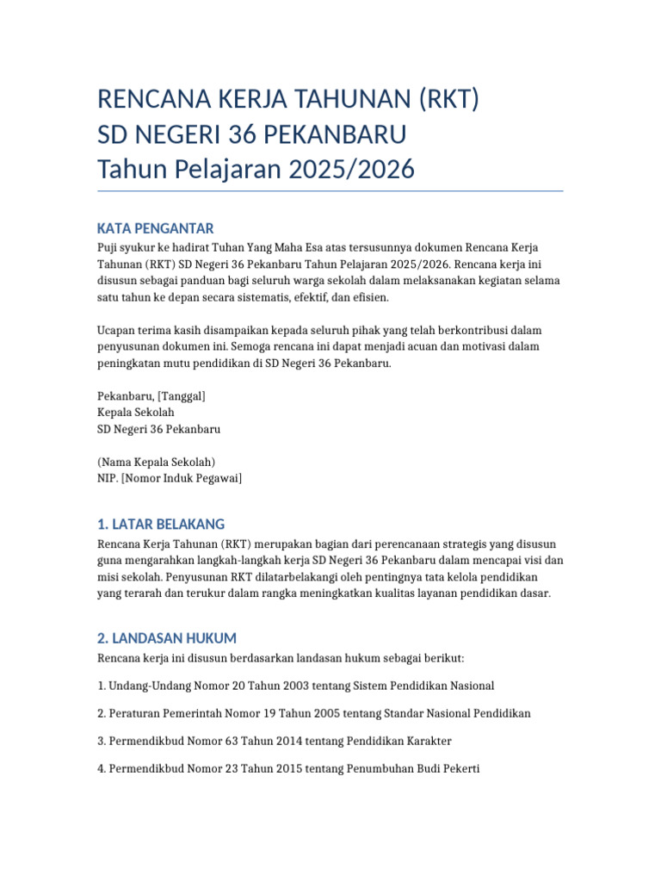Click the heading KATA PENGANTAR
click(155, 228)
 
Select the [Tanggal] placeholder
click(180, 396)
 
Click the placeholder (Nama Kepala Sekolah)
click(156, 462)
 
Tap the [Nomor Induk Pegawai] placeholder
click(182, 478)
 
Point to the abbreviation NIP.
click(108, 478)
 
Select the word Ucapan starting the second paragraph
click(116, 331)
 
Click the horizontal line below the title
click(330, 191)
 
